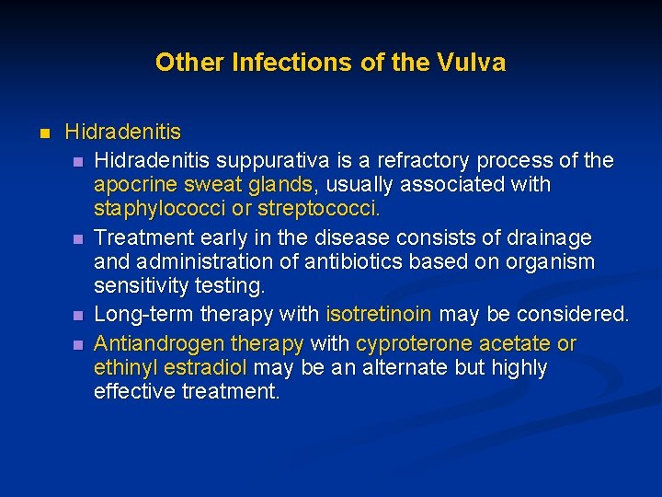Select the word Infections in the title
click(x=280, y=63)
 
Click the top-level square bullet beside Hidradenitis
click(x=43, y=133)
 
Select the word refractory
click(x=399, y=160)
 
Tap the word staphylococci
click(x=154, y=208)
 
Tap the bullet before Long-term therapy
click(x=79, y=316)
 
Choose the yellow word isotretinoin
click(x=378, y=315)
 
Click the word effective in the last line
click(x=131, y=392)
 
